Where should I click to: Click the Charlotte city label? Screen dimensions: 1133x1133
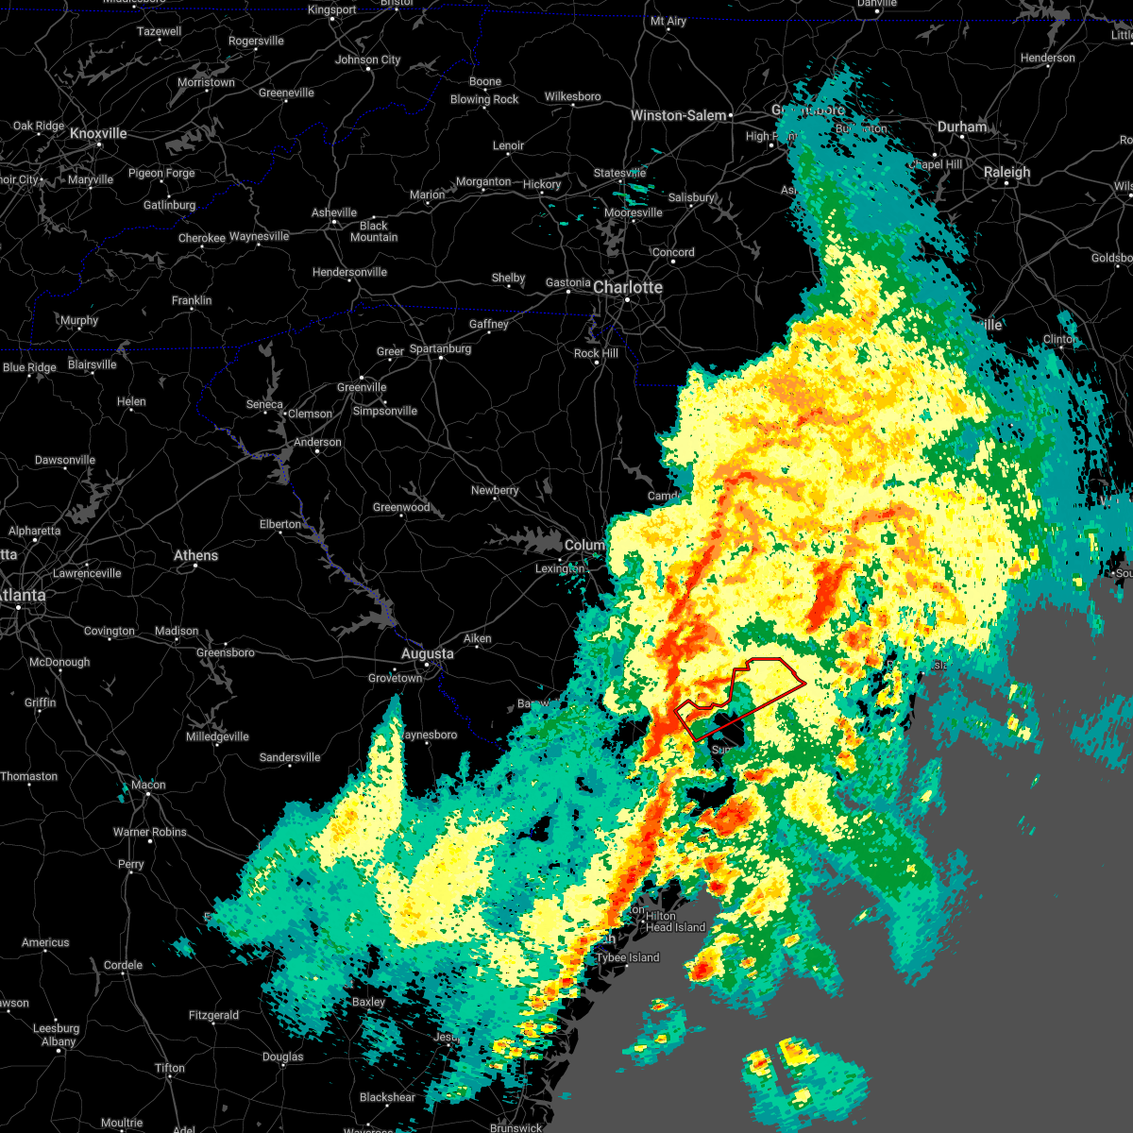pyautogui.click(x=628, y=287)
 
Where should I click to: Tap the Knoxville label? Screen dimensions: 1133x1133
pyautogui.click(x=98, y=134)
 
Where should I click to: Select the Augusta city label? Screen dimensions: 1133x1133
pyautogui.click(x=428, y=653)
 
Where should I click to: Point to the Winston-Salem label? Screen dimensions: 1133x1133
pyautogui.click(x=679, y=115)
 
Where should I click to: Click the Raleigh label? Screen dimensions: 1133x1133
pyautogui.click(x=1007, y=172)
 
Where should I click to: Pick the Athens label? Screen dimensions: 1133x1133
pyautogui.click(x=195, y=555)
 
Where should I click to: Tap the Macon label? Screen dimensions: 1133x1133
pyautogui.click(x=148, y=785)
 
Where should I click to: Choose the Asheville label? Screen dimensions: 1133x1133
pyautogui.click(x=334, y=212)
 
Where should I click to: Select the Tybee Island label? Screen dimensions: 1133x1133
pyautogui.click(x=627, y=957)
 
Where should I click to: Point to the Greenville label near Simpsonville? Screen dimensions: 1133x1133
pyautogui.click(x=362, y=387)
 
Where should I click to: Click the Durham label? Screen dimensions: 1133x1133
pyautogui.click(x=962, y=127)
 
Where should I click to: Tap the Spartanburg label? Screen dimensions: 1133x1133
pyautogui.click(x=440, y=348)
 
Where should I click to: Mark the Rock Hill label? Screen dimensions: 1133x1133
pyautogui.click(x=596, y=353)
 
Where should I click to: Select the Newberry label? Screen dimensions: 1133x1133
pyautogui.click(x=495, y=490)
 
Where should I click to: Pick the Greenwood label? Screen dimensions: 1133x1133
pyautogui.click(x=401, y=507)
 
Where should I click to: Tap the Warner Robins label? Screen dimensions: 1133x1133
pyautogui.click(x=150, y=832)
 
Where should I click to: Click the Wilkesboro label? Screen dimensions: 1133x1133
pyautogui.click(x=572, y=96)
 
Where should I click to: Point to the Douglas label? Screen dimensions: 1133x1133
pyautogui.click(x=282, y=1057)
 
